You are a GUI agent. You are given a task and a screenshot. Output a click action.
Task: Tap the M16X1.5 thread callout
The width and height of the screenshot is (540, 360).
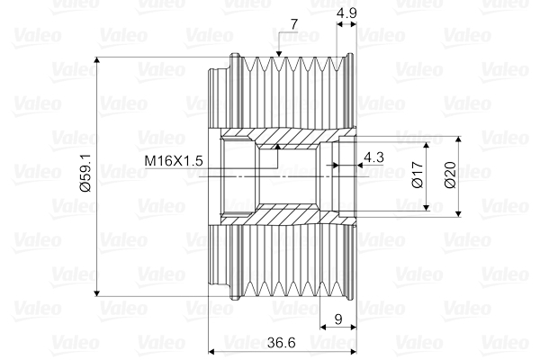[x=175, y=160]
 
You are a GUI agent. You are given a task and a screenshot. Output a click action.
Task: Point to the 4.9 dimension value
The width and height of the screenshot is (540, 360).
[x=347, y=14]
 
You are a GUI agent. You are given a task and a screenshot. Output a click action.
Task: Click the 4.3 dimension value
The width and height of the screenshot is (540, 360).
[x=373, y=157]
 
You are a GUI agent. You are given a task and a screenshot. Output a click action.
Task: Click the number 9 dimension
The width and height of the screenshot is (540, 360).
[x=337, y=318]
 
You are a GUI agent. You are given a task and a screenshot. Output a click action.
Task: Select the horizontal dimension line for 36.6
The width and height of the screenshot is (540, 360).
[x=243, y=350]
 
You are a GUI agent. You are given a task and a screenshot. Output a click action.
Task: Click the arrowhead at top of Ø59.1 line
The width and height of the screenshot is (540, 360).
[x=97, y=62]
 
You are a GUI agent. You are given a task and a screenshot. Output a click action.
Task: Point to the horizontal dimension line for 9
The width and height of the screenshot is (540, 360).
[x=337, y=328]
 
